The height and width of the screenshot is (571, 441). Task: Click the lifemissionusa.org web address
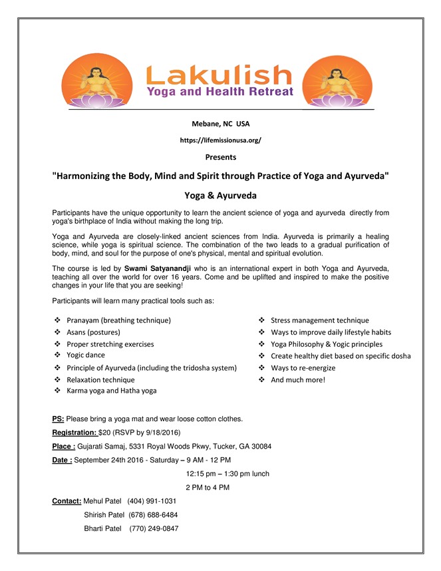pyautogui.click(x=220, y=140)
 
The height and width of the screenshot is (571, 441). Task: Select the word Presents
pyautogui.click(x=220, y=157)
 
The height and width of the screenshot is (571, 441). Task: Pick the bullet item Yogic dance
pyautogui.click(x=85, y=355)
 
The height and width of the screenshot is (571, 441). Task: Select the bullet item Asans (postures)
pyautogui.click(x=92, y=332)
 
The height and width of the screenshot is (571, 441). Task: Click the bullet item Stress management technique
pyautogui.click(x=319, y=320)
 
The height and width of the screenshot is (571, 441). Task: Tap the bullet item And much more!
pyautogui.click(x=298, y=379)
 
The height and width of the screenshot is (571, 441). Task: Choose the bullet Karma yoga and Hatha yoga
pyautogui.click(x=111, y=391)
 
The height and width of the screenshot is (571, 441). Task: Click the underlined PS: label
pyautogui.click(x=59, y=419)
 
